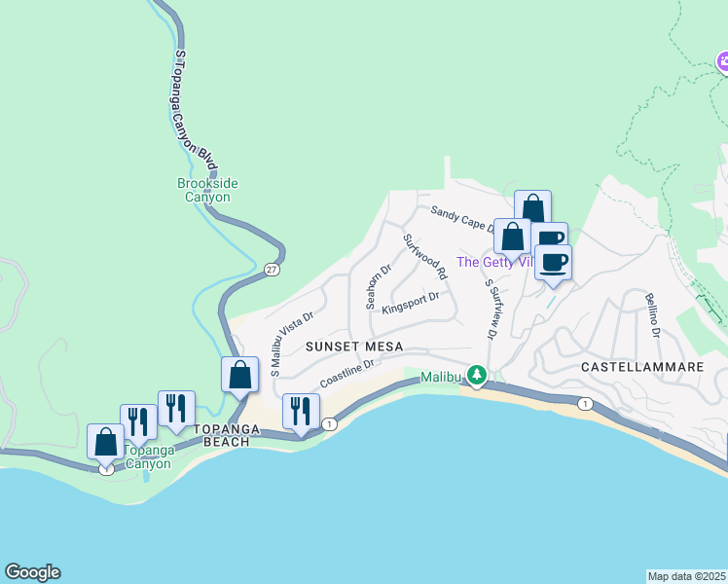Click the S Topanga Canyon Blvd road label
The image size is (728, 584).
[x=194, y=106]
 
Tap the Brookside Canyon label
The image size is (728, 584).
[x=207, y=190]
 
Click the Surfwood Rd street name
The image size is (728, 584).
[x=424, y=256]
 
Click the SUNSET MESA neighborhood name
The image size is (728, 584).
[x=346, y=347]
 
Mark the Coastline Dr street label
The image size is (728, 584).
[x=347, y=375]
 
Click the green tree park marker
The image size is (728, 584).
[x=476, y=375]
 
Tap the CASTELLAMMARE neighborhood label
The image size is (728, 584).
[x=641, y=367]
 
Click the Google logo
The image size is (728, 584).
[x=32, y=572]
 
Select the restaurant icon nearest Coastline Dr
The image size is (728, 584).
[x=301, y=411]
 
